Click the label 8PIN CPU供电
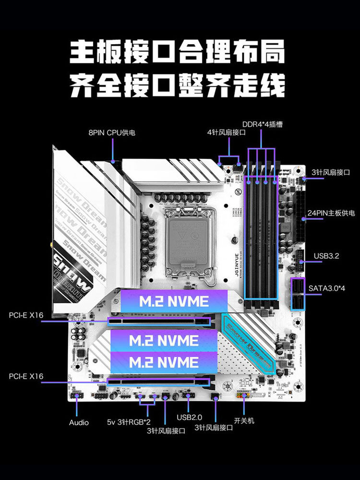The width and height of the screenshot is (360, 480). pos(112,132)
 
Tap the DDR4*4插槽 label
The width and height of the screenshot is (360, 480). pos(262,124)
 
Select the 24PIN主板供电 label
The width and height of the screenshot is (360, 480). pos(331,212)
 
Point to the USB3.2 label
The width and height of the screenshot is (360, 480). pos(326,256)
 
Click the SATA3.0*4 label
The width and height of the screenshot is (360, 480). pos(327,288)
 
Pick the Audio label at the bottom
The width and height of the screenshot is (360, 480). pos(79,422)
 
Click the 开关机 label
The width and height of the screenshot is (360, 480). pos(244,420)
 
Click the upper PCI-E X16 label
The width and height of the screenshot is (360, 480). pos(26,315)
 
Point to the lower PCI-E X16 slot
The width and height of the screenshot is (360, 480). pos(158,382)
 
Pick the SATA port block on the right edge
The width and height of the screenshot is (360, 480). pos(298,294)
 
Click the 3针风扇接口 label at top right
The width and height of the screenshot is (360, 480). pos(331,172)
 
